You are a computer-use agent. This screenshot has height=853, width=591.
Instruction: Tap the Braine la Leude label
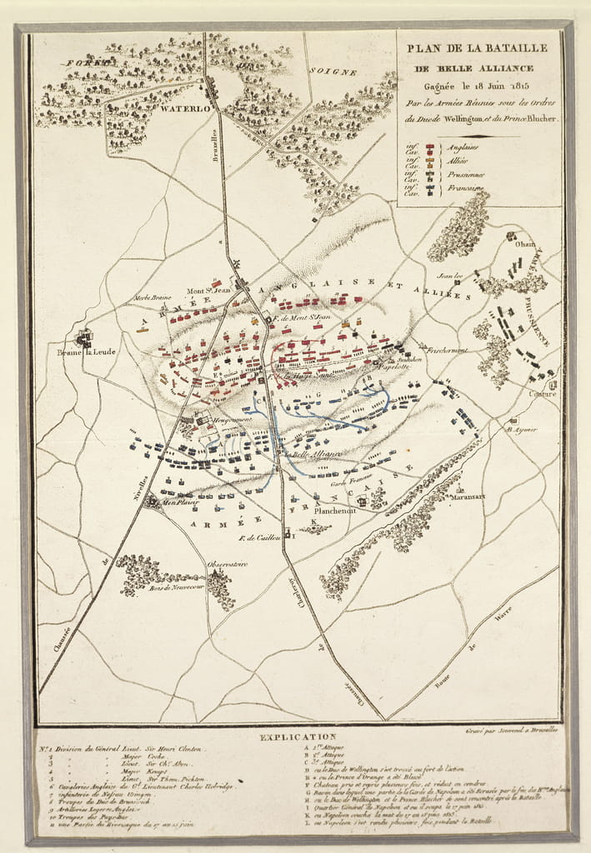pyautogui.click(x=87, y=352)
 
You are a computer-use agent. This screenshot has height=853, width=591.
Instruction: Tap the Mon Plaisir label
pyautogui.click(x=180, y=502)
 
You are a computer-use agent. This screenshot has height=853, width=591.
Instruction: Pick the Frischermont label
pyautogui.click(x=448, y=350)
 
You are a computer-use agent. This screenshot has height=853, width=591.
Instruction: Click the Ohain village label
pyautogui.click(x=525, y=244)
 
